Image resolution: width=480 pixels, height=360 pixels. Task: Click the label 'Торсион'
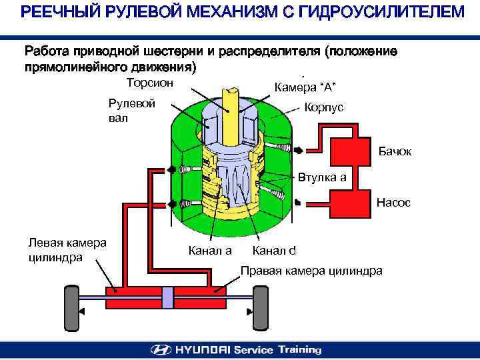click(x=150, y=83)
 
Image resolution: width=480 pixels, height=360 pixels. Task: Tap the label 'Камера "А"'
click(x=305, y=87)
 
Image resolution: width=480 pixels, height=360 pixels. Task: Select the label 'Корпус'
click(x=324, y=107)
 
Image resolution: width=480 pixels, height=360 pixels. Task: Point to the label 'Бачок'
click(x=396, y=152)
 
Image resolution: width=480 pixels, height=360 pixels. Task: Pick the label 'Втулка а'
click(x=322, y=178)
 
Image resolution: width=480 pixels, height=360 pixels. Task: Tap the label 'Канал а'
click(x=210, y=251)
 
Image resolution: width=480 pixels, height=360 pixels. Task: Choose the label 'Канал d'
click(x=274, y=251)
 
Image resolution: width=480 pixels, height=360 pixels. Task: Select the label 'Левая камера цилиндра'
click(x=67, y=249)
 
